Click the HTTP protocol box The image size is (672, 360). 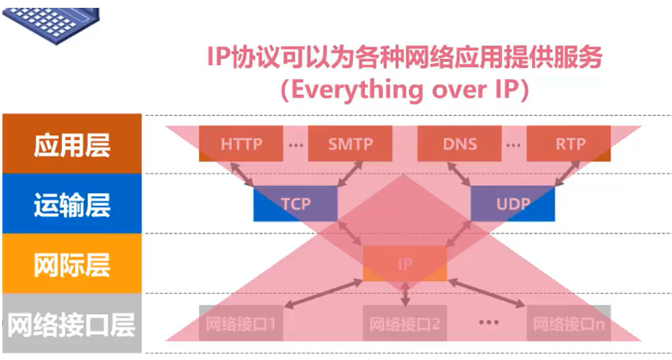241,144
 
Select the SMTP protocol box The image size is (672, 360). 350,144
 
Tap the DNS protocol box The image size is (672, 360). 460,144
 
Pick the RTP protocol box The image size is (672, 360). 569,144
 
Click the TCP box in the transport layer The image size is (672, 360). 296,204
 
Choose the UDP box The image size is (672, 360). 513,204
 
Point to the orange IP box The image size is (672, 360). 405,264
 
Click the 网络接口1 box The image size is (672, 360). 241,324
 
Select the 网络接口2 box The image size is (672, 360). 405,324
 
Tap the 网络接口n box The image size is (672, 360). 569,324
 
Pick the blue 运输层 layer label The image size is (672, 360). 72,204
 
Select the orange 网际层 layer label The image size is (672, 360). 72,264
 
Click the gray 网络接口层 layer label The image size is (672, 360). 72,324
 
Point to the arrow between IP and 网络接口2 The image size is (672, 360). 405,293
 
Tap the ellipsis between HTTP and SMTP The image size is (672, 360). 296,145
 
